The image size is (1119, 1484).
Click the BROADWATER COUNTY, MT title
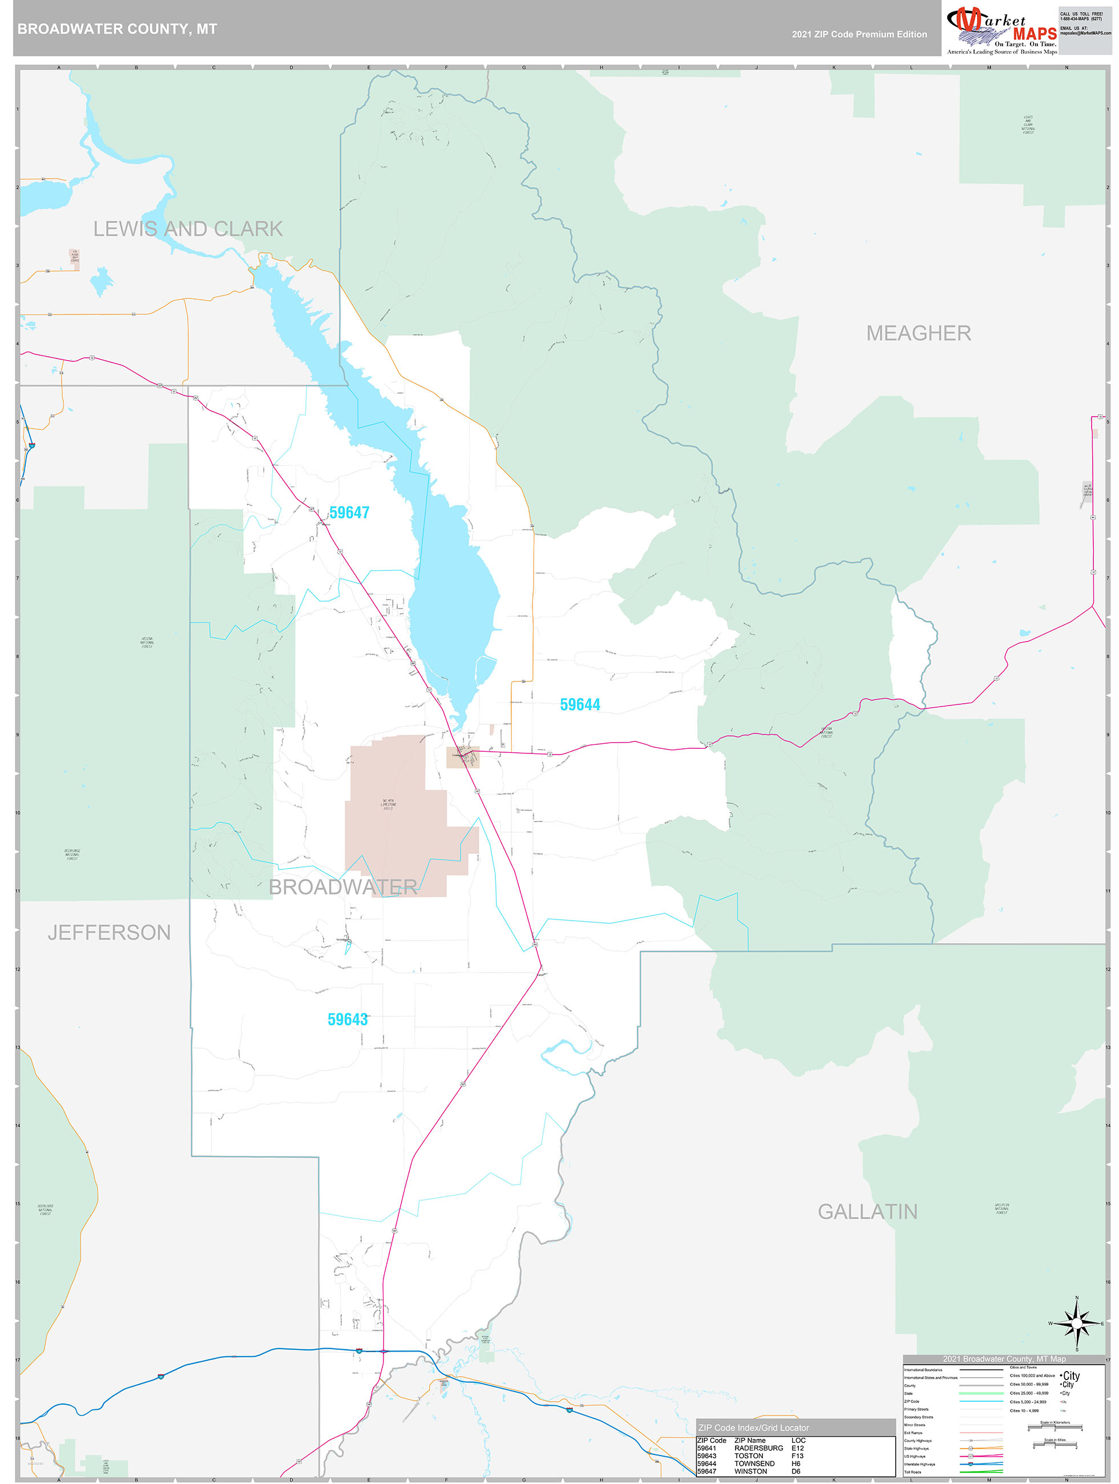point(118,29)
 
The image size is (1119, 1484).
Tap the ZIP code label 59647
point(349,513)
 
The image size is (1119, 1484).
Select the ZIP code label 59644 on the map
point(580,704)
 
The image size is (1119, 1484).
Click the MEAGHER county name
point(918,333)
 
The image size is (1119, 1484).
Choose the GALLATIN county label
point(867,1212)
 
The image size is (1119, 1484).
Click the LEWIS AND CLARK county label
point(188,229)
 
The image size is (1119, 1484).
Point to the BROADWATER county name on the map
point(343,886)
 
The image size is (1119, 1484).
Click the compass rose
point(1077,1323)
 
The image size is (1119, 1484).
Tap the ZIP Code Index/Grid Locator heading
point(753,1427)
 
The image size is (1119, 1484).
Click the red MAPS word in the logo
point(1035,34)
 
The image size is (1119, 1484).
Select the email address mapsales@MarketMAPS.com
point(1085,33)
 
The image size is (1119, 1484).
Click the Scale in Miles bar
point(1056,1445)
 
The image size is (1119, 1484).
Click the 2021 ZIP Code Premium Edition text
point(859,34)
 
